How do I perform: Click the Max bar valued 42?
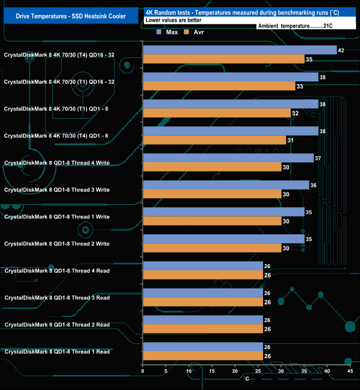[x=240, y=50]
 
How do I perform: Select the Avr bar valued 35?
[x=224, y=59]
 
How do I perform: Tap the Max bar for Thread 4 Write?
[x=228, y=158]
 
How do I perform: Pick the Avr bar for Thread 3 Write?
[x=212, y=194]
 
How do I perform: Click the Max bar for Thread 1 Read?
[x=203, y=347]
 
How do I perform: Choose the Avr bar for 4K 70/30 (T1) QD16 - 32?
[x=219, y=86]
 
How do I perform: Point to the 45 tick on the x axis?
[x=350, y=371]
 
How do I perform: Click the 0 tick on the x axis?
[x=143, y=371]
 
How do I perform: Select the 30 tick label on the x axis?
[x=281, y=371]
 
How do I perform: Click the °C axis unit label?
[x=247, y=378]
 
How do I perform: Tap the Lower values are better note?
[x=173, y=20]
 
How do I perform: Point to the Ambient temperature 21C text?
[x=295, y=26]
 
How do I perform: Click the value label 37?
[x=318, y=158]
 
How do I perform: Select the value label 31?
[x=290, y=140]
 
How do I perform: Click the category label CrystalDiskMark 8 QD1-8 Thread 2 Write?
[x=57, y=244]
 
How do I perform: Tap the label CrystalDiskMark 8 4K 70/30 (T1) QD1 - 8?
[x=56, y=109]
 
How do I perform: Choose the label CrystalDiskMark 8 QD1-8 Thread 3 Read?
[x=57, y=297]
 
